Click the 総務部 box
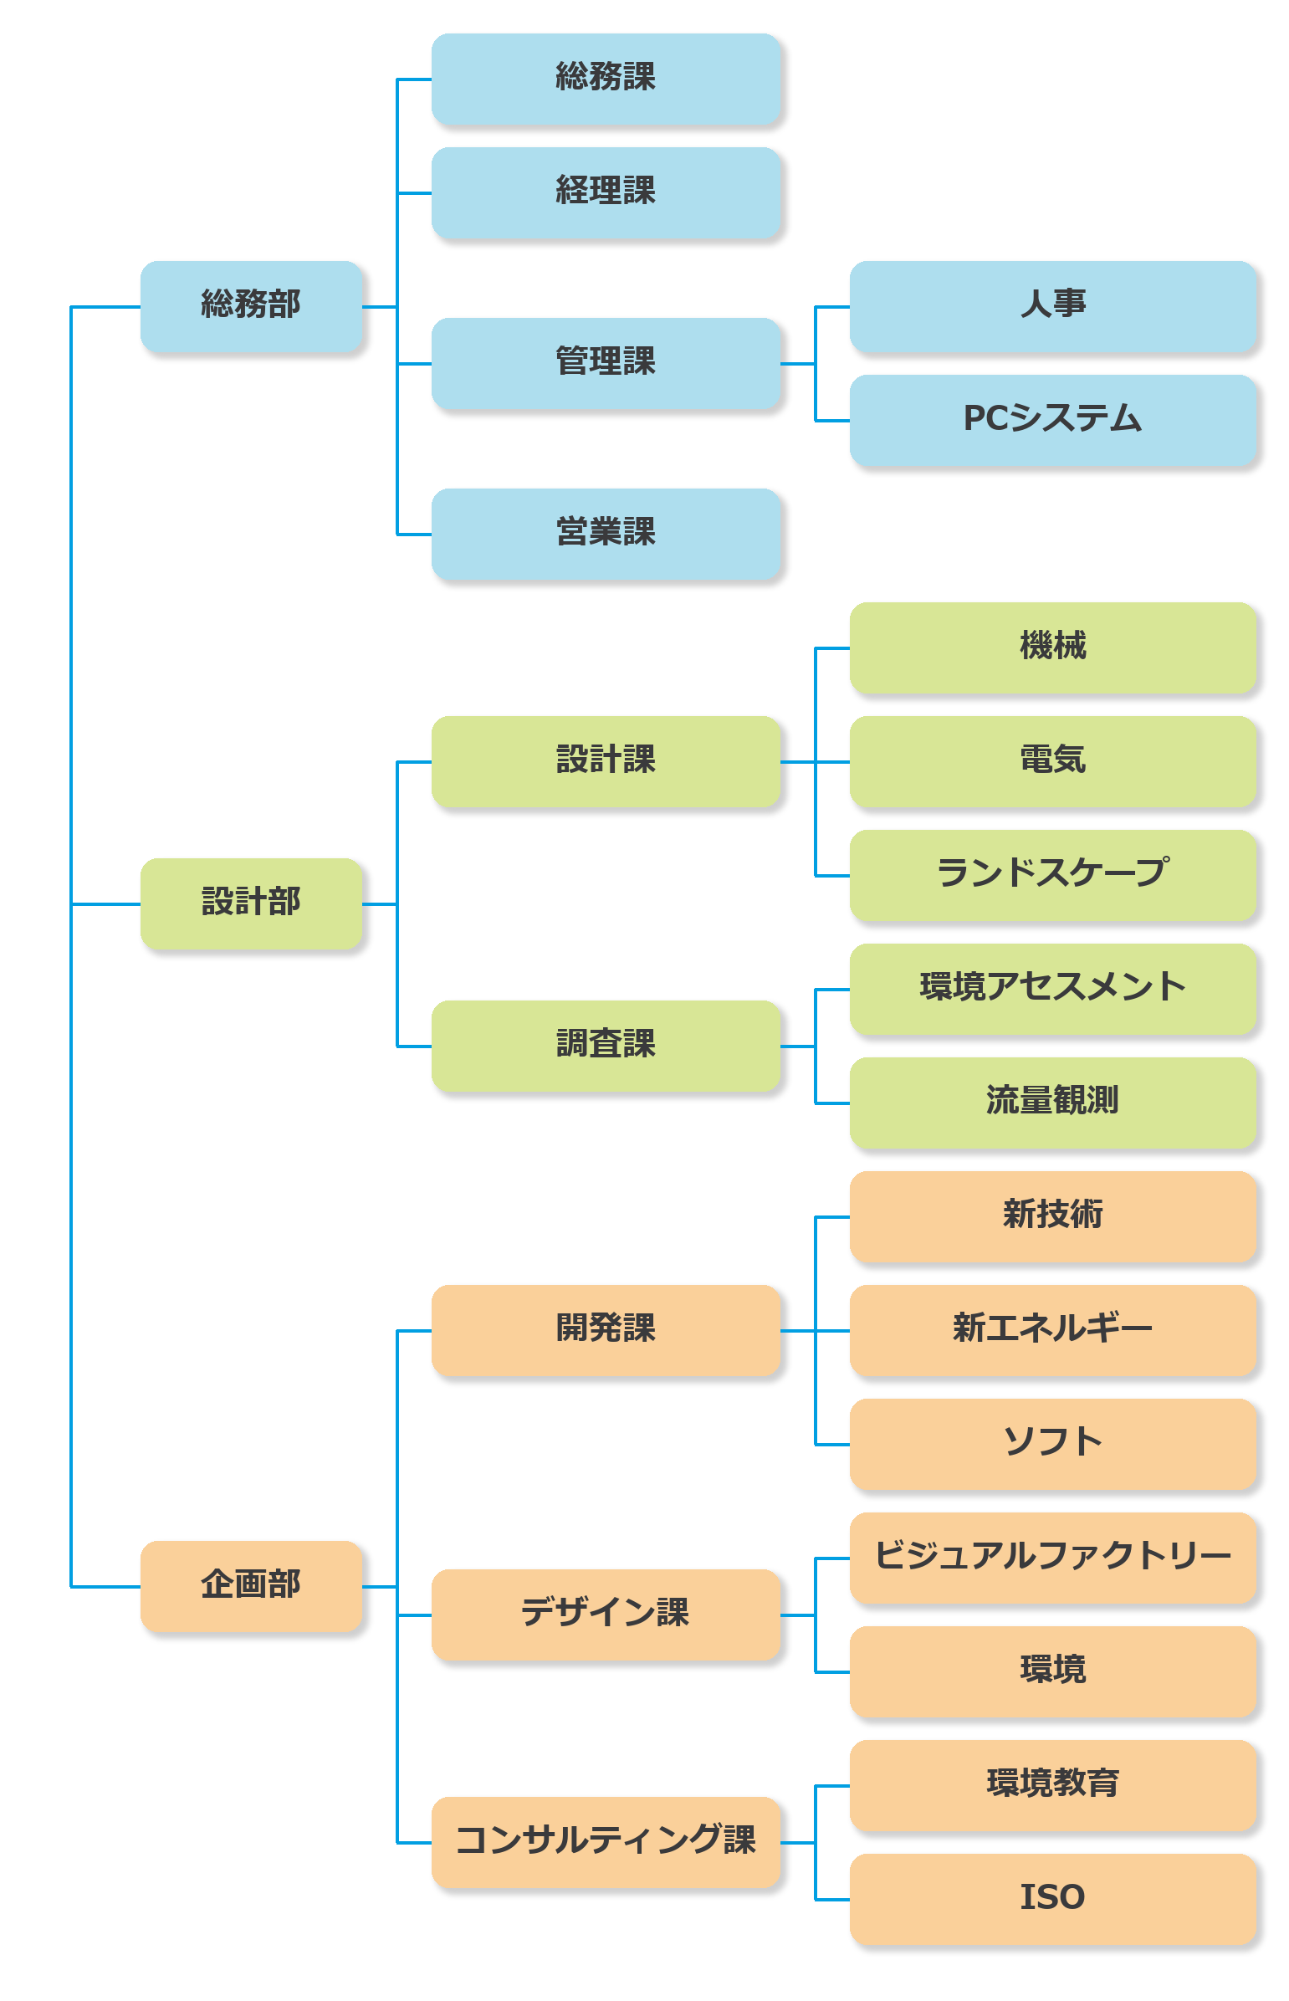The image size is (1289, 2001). (x=251, y=306)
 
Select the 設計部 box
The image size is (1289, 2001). (x=251, y=903)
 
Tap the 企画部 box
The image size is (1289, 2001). (x=251, y=1586)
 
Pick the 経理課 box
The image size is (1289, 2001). (x=606, y=192)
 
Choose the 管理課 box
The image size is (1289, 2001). (x=606, y=363)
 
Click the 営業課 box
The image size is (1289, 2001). (x=606, y=534)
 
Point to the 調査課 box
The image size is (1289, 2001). (x=606, y=1047)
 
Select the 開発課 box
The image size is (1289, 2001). (x=606, y=1330)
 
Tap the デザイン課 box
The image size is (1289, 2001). (x=606, y=1615)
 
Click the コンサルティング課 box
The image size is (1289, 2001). (x=606, y=1842)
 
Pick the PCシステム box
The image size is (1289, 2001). (x=1053, y=420)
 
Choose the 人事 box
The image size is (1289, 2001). (x=1053, y=306)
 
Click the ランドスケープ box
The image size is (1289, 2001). (x=1053, y=875)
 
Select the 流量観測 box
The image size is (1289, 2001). (x=1053, y=1103)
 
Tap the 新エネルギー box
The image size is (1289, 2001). (x=1053, y=1330)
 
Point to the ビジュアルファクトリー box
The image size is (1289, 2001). (x=1053, y=1558)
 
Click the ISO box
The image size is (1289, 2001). (x=1053, y=1899)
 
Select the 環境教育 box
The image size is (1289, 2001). (x=1053, y=1785)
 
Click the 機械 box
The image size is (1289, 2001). (x=1053, y=647)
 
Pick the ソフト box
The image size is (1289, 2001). (x=1053, y=1444)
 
